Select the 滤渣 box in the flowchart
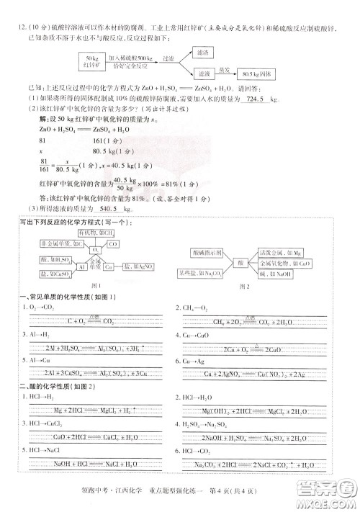pyautogui.click(x=207, y=53)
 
